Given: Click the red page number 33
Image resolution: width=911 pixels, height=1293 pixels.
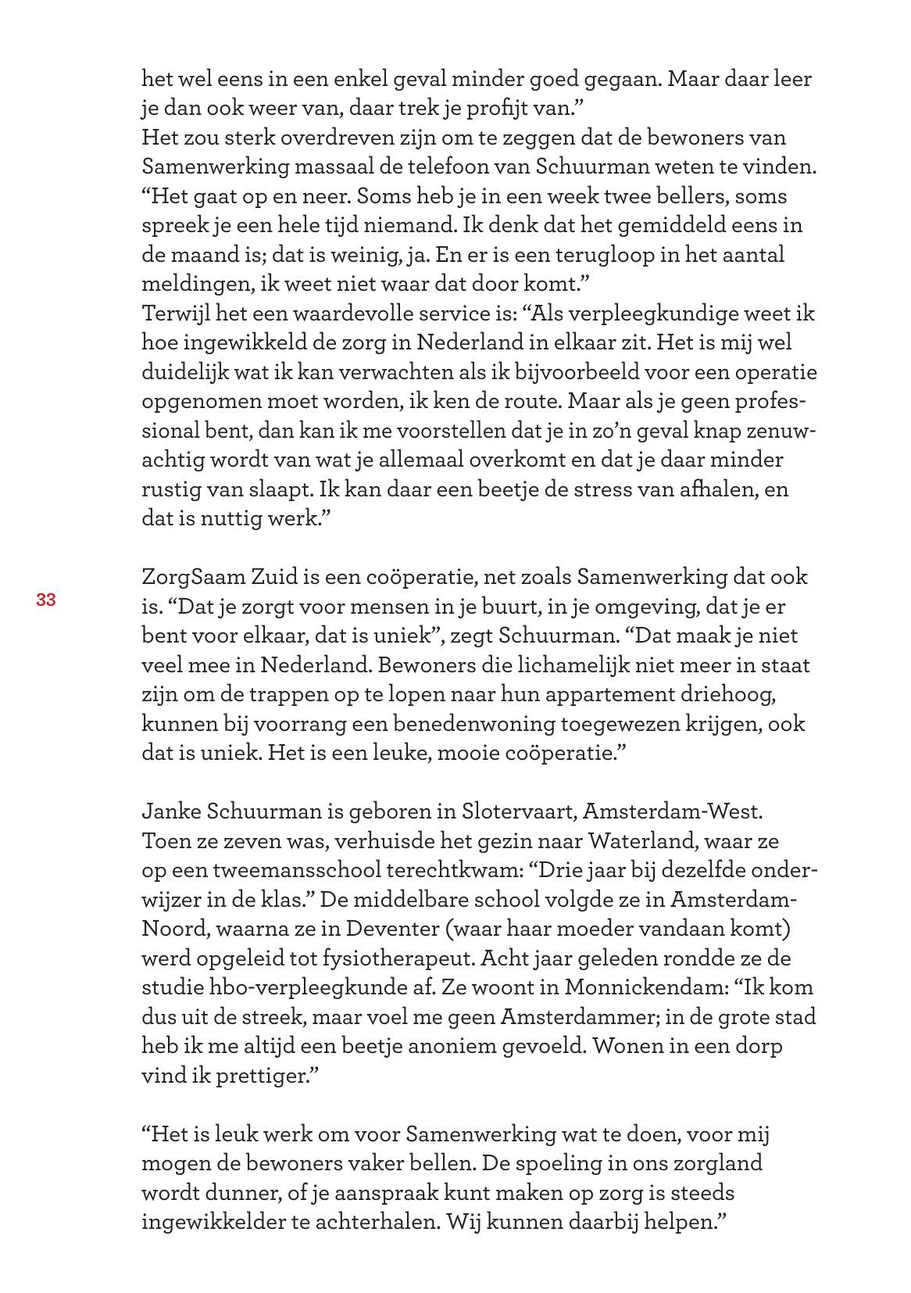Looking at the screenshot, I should [45, 600].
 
